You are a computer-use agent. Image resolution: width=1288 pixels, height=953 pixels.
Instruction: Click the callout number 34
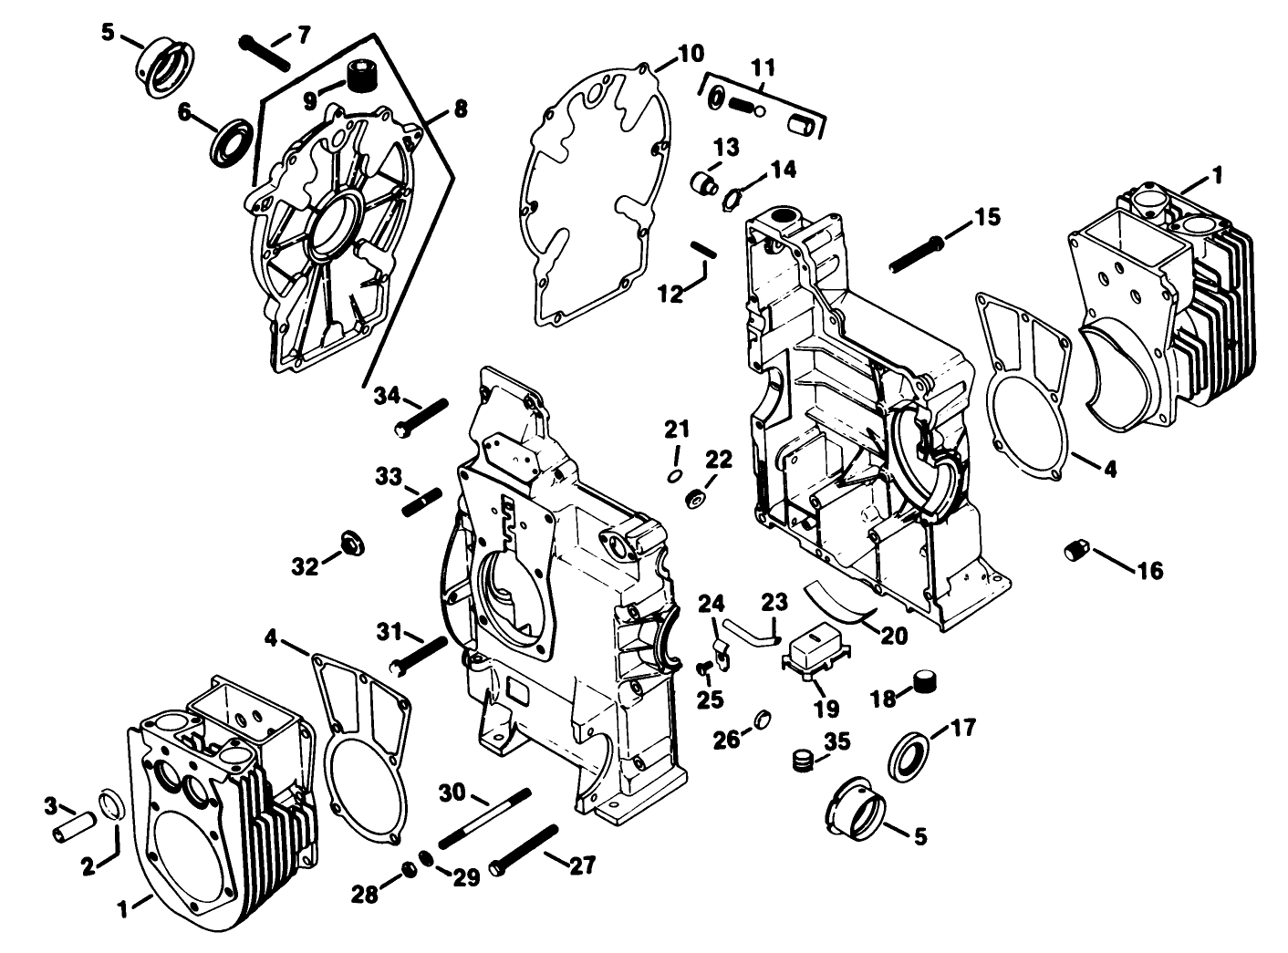coord(387,396)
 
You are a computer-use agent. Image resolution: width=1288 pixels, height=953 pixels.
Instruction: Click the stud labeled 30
coord(484,818)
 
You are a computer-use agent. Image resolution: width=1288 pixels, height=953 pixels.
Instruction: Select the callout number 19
coord(826,708)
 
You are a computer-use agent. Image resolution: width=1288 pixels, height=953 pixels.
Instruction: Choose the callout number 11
coord(763,67)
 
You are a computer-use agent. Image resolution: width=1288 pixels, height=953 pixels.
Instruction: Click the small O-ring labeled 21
coord(674,476)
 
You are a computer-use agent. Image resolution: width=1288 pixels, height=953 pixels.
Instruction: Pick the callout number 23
coord(774,602)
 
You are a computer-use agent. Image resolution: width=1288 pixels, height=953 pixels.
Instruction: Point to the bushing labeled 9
coord(362,73)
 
